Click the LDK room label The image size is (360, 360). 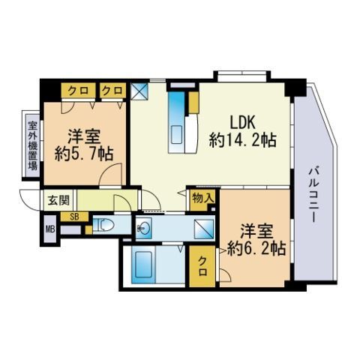(x=242, y=123)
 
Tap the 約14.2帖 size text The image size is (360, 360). (x=243, y=140)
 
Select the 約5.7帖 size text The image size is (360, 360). (x=84, y=154)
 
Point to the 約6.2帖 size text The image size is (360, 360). (x=256, y=248)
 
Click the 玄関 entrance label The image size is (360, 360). (x=58, y=200)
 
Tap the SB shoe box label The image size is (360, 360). (x=74, y=217)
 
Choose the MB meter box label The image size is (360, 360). (x=50, y=229)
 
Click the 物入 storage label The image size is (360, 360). (x=203, y=199)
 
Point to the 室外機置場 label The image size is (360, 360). (x=33, y=145)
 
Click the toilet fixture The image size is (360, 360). (x=103, y=225)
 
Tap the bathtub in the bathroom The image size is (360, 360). (x=142, y=267)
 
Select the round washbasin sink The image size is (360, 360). (x=144, y=228)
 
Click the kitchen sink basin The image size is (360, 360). (x=177, y=134)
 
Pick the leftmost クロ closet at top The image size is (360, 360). (x=79, y=91)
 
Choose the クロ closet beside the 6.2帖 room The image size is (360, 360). (x=202, y=266)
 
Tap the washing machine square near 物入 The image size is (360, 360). (x=204, y=229)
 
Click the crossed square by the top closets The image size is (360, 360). (x=139, y=91)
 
